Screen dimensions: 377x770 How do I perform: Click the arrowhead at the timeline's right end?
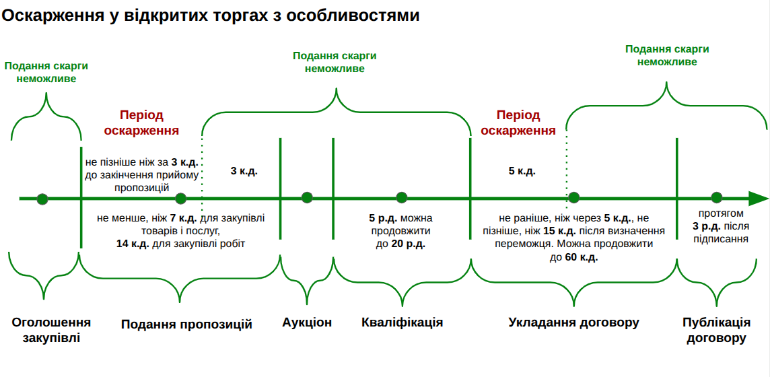tap(759, 199)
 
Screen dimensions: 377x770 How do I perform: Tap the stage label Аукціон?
tap(307, 322)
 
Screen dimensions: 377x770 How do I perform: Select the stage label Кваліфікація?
tap(402, 322)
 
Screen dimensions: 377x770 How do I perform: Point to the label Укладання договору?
tap(573, 322)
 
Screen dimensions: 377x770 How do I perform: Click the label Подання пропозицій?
tap(186, 324)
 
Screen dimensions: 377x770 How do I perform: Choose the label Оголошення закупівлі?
tap(51, 330)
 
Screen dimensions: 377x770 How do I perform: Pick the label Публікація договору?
tap(716, 330)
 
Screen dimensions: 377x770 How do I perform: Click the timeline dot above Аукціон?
tap(307, 198)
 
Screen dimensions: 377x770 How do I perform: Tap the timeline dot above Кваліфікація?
tap(402, 198)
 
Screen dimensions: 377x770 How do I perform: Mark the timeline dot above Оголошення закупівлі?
tap(42, 199)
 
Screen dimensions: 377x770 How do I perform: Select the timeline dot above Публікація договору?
tap(716, 198)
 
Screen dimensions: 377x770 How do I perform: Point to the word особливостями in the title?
tap(353, 15)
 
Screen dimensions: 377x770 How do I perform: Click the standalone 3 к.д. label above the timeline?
tap(244, 171)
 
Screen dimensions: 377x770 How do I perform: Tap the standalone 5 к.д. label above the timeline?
tap(522, 171)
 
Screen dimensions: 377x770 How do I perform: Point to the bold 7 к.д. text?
tap(182, 218)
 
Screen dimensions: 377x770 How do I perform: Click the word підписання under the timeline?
tap(717, 238)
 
